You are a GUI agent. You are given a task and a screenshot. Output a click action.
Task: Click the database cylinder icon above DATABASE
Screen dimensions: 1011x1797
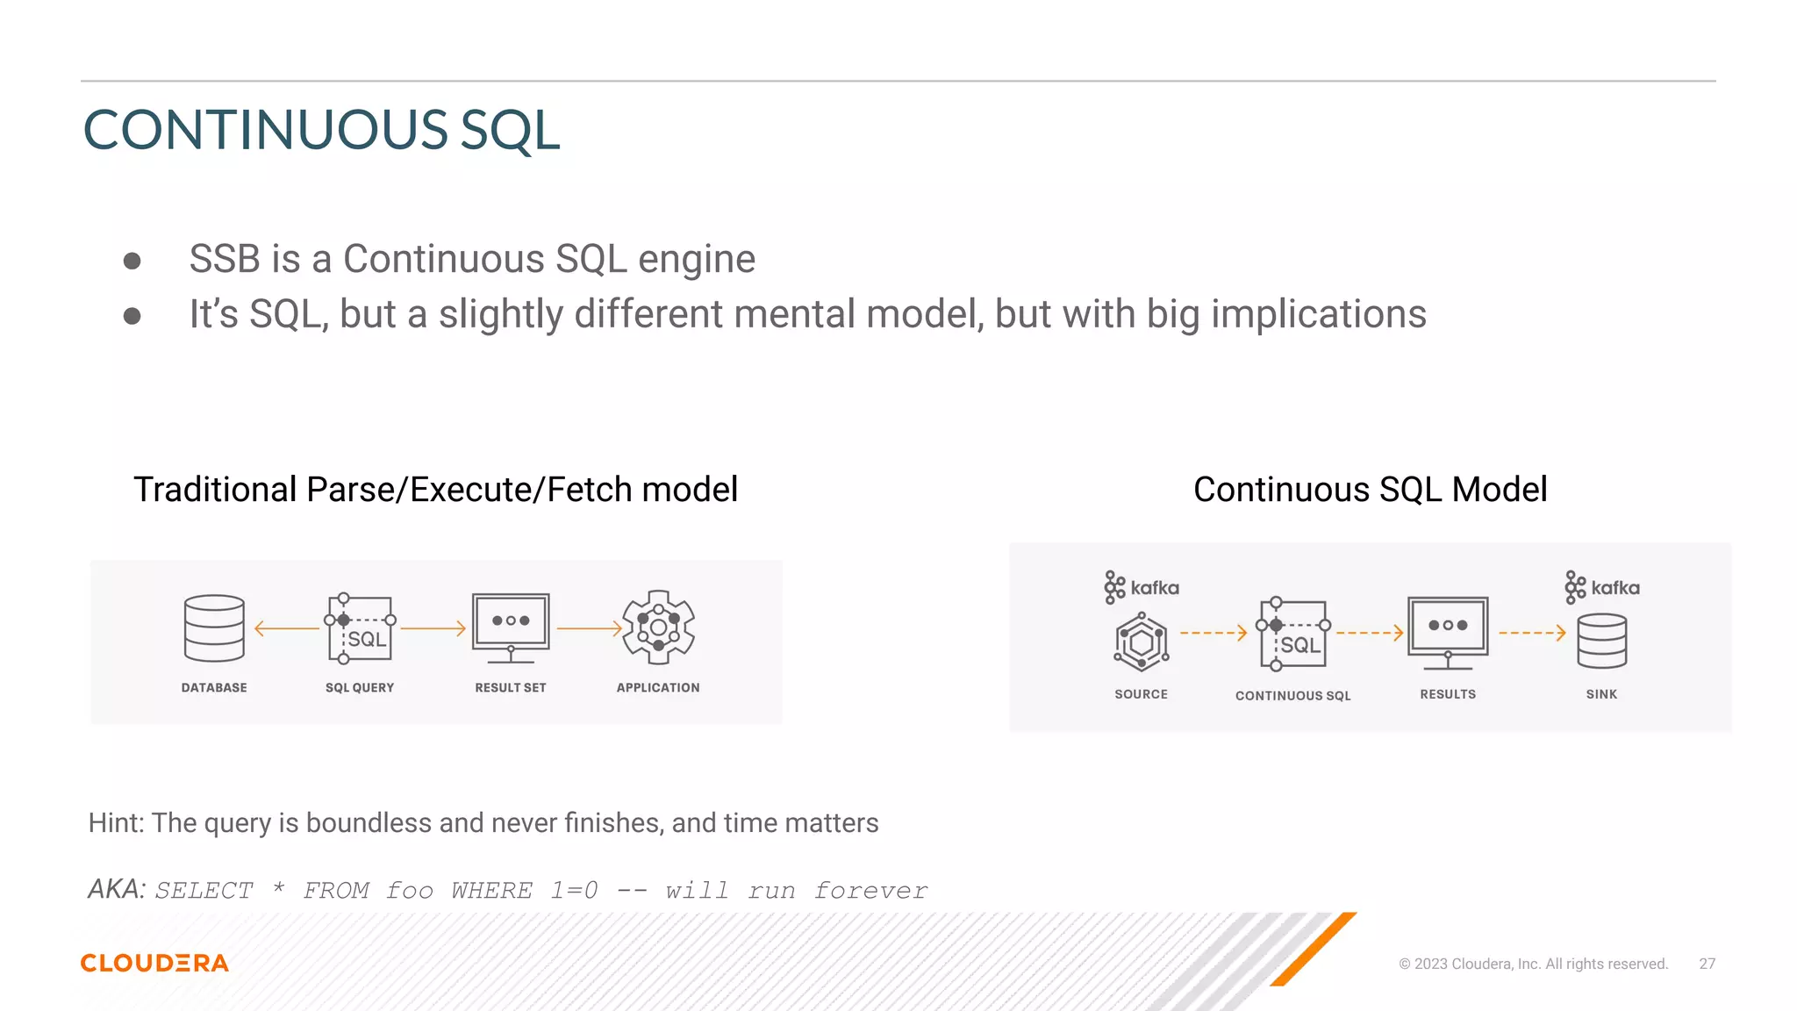[214, 628]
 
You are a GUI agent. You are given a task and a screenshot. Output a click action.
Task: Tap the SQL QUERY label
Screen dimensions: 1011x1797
[360, 688]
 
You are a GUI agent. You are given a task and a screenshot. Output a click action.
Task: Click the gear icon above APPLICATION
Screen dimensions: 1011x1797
[658, 627]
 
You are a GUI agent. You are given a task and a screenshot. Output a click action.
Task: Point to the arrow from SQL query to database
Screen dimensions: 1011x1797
[287, 628]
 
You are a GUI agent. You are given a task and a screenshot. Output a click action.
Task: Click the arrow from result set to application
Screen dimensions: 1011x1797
[589, 628]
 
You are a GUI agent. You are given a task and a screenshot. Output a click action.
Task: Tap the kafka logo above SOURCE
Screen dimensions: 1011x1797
[1142, 587]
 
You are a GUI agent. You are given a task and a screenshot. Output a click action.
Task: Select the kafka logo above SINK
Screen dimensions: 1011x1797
[1602, 587]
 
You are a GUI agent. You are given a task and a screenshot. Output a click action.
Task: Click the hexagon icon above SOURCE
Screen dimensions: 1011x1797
[1141, 642]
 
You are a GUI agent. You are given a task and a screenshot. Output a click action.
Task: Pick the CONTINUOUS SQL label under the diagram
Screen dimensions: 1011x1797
[1292, 696]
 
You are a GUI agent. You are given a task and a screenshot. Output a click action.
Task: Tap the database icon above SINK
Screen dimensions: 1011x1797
[1601, 642]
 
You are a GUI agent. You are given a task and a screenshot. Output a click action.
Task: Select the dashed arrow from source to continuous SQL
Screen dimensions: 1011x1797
[1214, 633]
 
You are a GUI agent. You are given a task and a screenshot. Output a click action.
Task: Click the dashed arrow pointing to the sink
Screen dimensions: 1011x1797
[1532, 633]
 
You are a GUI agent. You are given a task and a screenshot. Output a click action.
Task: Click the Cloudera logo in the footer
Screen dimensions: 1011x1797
[154, 963]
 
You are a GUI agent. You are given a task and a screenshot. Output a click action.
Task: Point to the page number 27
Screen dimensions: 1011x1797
[1707, 964]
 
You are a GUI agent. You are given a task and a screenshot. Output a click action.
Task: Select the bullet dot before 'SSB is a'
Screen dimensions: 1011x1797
[132, 261]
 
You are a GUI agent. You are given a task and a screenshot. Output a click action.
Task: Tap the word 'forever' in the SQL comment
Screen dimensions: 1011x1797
[870, 891]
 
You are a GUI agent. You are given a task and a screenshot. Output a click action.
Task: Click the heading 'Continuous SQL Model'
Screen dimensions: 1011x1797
[1370, 490]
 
